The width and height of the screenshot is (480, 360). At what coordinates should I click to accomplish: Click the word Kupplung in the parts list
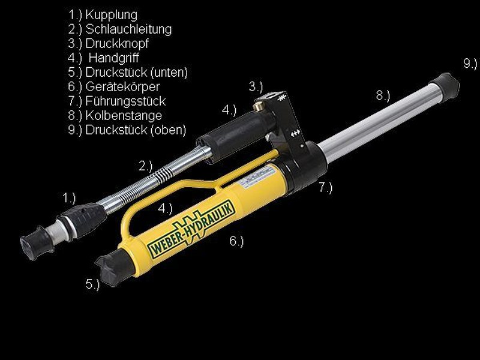[111, 15]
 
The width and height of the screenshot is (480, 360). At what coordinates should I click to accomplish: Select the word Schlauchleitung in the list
[128, 29]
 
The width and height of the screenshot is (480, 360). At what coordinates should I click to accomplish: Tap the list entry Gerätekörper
[122, 87]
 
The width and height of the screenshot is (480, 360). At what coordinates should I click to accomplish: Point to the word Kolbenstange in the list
[124, 115]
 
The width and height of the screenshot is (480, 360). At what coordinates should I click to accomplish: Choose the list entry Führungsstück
[125, 101]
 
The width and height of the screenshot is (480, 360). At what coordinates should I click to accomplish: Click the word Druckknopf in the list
[117, 43]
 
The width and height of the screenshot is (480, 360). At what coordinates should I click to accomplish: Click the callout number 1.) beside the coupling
[69, 198]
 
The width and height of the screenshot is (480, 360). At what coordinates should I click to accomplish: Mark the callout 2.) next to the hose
[145, 166]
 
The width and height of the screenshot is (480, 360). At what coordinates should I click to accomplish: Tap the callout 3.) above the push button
[256, 87]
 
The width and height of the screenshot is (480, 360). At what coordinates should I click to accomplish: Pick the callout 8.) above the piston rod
[383, 95]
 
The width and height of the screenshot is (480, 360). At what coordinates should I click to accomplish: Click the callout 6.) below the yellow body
[236, 241]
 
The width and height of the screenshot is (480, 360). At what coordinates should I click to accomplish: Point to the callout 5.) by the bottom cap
[92, 284]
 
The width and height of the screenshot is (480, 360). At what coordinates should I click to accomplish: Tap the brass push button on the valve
[257, 106]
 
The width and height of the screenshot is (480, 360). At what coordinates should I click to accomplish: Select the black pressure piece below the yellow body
[114, 267]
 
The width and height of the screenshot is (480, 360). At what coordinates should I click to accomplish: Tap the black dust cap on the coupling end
[36, 243]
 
